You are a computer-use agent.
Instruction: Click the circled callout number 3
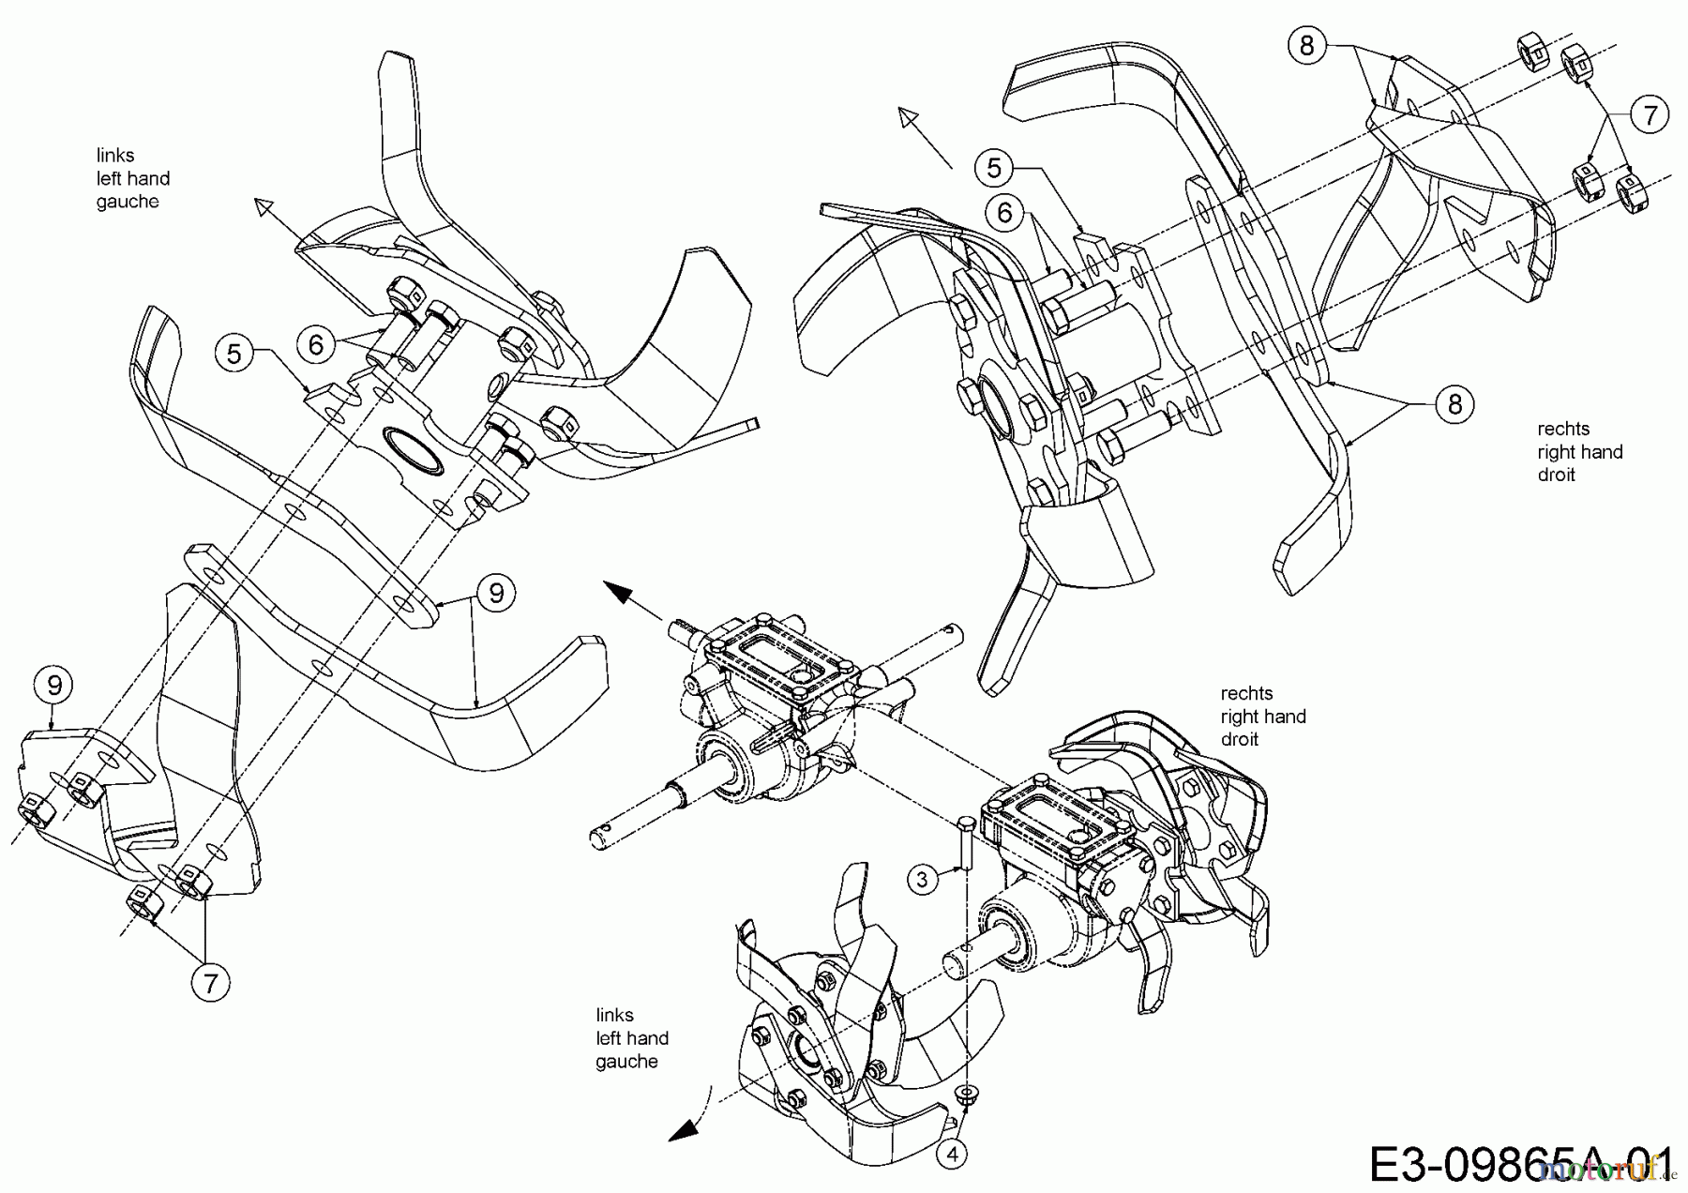point(923,879)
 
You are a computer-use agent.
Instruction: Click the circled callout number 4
point(953,1155)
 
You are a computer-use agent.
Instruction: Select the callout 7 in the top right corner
point(1650,115)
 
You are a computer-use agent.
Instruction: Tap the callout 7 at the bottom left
point(210,983)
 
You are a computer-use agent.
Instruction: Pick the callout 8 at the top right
point(1307,45)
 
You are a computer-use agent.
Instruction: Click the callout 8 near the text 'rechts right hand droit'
point(1454,404)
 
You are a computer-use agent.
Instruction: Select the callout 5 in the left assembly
point(234,354)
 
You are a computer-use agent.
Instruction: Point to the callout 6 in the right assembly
point(1004,213)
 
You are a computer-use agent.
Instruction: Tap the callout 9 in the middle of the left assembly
point(496,593)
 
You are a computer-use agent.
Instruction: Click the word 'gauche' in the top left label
point(128,202)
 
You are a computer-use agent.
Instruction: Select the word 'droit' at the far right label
point(1556,475)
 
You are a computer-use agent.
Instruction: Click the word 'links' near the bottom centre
point(614,1015)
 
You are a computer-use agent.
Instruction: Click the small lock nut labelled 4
point(965,1094)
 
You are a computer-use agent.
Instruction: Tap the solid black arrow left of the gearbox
point(619,591)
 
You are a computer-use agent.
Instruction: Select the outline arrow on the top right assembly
point(910,119)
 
